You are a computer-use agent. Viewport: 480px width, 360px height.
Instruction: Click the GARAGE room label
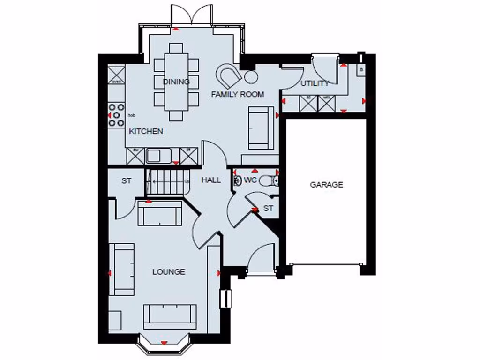click(326, 185)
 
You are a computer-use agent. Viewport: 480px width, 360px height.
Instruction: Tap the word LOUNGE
click(168, 272)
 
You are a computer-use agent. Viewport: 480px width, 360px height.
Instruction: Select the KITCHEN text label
click(146, 131)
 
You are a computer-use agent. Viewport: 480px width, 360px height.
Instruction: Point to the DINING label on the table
click(176, 82)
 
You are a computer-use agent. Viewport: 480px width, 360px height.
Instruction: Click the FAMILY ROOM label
click(237, 94)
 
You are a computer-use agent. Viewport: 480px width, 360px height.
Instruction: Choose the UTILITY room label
click(315, 83)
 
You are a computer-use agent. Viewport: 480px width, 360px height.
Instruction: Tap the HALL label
click(211, 180)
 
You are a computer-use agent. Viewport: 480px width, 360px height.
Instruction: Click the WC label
click(250, 180)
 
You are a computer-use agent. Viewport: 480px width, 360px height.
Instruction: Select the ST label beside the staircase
click(126, 180)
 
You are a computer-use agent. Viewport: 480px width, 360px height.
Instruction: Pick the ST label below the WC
click(268, 208)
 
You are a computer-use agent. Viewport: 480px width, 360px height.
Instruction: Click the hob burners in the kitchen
click(115, 115)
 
